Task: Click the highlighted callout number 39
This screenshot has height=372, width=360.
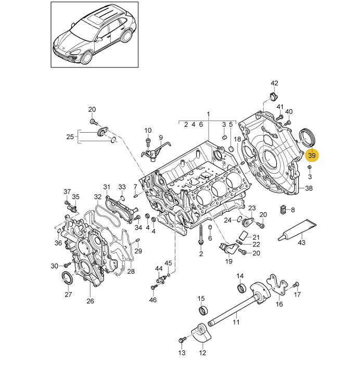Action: (x=312, y=155)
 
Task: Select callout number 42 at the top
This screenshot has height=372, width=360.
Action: (x=275, y=83)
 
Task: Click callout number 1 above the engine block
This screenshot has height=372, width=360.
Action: (x=208, y=114)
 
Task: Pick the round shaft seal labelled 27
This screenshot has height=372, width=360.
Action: (x=68, y=278)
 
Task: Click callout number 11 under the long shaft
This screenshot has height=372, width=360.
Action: (x=236, y=323)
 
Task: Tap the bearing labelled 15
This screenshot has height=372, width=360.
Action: (x=201, y=311)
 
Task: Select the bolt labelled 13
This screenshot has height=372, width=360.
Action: (x=181, y=341)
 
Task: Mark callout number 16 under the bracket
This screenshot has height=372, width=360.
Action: (x=279, y=304)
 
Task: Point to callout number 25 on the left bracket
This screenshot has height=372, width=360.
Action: (x=70, y=137)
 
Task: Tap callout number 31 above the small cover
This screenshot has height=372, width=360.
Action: (x=107, y=187)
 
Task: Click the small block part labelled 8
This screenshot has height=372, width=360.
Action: (x=283, y=210)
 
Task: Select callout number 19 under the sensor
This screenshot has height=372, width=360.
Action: (x=228, y=262)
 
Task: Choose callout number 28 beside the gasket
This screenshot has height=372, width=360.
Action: (x=131, y=271)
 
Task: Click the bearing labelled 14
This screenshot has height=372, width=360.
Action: (x=241, y=288)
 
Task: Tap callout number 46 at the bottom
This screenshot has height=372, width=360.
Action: (x=152, y=300)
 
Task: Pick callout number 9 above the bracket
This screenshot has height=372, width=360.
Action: (x=161, y=138)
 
